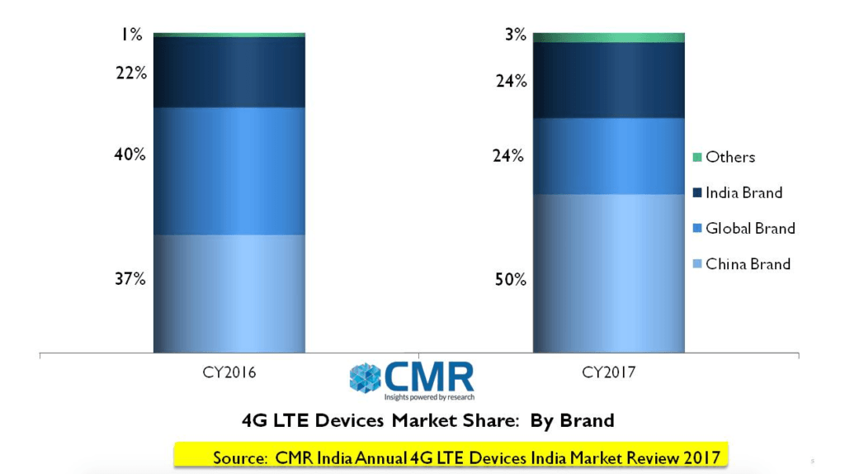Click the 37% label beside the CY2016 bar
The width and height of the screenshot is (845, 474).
point(130,279)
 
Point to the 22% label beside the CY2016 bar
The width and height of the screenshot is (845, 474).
point(130,73)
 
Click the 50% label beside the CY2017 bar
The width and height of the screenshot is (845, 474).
point(510,279)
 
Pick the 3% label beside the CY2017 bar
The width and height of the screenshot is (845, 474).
point(515,35)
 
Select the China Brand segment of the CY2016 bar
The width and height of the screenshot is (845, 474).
point(229,293)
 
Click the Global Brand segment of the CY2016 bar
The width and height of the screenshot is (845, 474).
point(229,171)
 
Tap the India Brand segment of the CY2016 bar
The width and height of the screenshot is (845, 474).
point(229,72)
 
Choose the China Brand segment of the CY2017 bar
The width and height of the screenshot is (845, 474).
point(609,273)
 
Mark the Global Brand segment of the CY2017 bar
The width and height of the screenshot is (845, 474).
point(609,156)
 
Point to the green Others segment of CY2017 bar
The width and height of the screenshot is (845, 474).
point(609,37)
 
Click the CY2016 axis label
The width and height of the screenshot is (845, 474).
point(229,372)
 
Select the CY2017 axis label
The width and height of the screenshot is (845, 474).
point(609,372)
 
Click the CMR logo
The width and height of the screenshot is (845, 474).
point(412,379)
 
